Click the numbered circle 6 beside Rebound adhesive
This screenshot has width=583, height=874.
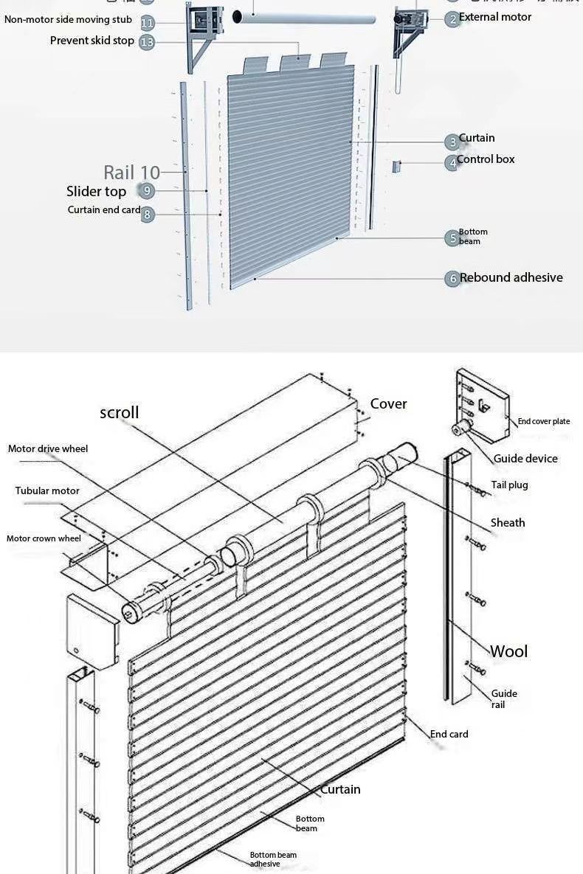click(x=452, y=279)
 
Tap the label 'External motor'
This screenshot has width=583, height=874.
click(x=494, y=17)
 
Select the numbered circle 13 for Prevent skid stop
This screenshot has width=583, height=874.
click(x=147, y=42)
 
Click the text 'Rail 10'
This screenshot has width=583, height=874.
click(x=131, y=173)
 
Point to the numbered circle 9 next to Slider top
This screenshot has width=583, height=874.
click(x=147, y=192)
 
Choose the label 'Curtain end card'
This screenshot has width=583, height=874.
click(x=103, y=210)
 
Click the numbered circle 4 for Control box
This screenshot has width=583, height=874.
click(x=452, y=163)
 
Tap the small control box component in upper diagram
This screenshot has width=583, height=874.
click(x=396, y=167)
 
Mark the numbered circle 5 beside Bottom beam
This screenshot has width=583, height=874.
click(x=452, y=238)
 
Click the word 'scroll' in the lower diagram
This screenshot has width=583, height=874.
click(x=119, y=412)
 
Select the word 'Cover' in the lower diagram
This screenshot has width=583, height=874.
click(x=388, y=403)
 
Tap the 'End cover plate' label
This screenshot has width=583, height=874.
click(x=543, y=422)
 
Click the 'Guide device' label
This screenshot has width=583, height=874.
click(x=525, y=459)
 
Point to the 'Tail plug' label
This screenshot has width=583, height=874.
click(x=509, y=485)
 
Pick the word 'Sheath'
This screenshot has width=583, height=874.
click(x=508, y=523)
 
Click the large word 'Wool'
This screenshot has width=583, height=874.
click(x=509, y=651)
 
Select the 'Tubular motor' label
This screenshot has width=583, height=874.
click(x=47, y=491)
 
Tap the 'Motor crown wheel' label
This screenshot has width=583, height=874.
click(x=44, y=538)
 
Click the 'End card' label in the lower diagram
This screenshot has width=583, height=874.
click(x=449, y=735)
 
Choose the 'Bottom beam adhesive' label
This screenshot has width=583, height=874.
click(x=272, y=859)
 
